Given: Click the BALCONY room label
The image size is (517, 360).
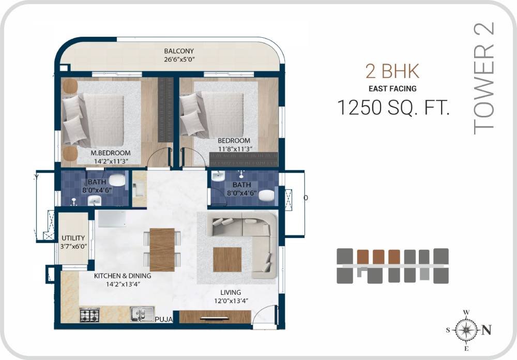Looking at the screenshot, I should click(179, 51).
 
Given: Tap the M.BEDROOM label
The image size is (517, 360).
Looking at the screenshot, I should click(110, 153).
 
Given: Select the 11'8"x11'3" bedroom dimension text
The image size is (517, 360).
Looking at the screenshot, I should click(234, 148).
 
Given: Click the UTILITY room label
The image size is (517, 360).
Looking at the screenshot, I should click(73, 238).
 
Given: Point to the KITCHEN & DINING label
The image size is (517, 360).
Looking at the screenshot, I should click(123, 276).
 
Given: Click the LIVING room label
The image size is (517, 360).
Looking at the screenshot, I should click(230, 293).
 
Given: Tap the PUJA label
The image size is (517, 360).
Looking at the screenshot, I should click(164, 320).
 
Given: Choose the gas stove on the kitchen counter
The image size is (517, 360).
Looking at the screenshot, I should click(89, 314).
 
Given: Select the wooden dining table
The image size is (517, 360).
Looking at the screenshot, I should click(162, 249).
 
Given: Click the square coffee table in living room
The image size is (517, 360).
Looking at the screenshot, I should click(227, 259).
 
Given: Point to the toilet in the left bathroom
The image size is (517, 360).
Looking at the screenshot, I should click(117, 181).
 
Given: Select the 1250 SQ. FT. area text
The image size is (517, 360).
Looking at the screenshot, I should click(393, 108).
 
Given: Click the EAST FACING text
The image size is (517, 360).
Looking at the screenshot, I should click(392, 89).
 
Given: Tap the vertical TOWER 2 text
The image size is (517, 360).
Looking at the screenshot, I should click(484, 78).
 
